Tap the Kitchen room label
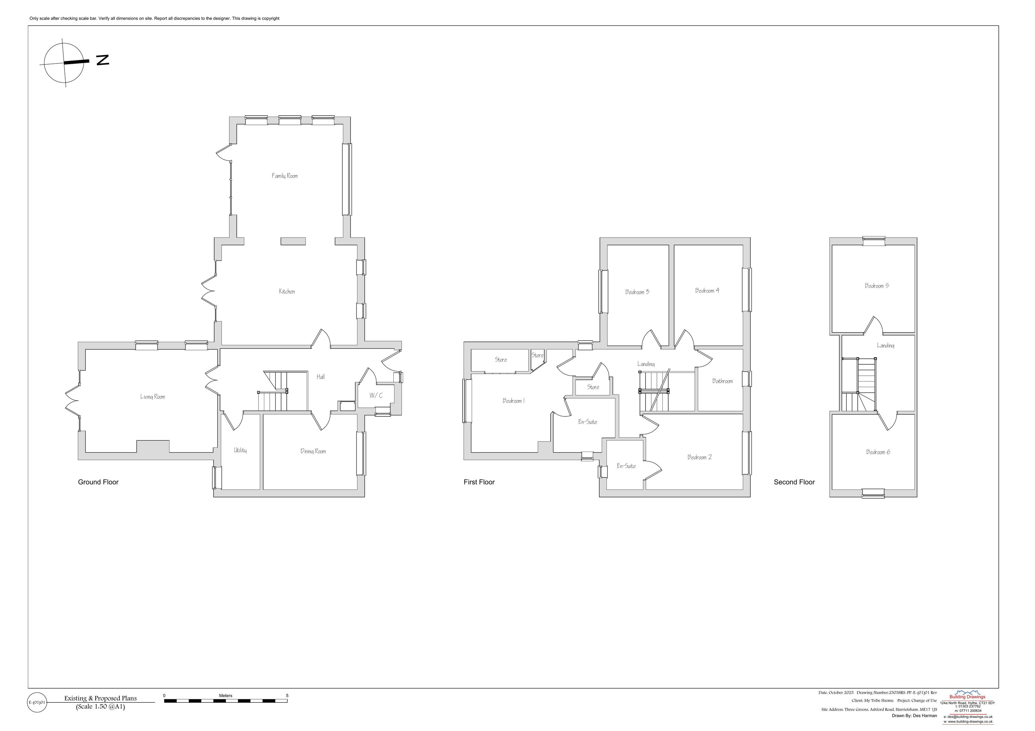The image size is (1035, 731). [287, 292]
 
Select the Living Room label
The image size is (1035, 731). [152, 397]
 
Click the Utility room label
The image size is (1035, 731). [240, 450]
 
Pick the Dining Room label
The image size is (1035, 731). [313, 451]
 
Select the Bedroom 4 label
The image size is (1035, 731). [707, 291]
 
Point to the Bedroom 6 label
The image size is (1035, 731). [878, 452]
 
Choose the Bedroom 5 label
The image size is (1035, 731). [876, 286]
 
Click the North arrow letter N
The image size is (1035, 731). [103, 60]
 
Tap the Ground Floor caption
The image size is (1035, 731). [98, 482]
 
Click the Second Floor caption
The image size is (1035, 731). [794, 482]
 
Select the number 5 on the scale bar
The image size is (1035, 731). [287, 695]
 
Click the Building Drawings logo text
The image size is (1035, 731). [967, 697]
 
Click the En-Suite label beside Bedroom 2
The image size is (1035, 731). [626, 466]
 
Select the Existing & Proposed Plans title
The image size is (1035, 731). [100, 699]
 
